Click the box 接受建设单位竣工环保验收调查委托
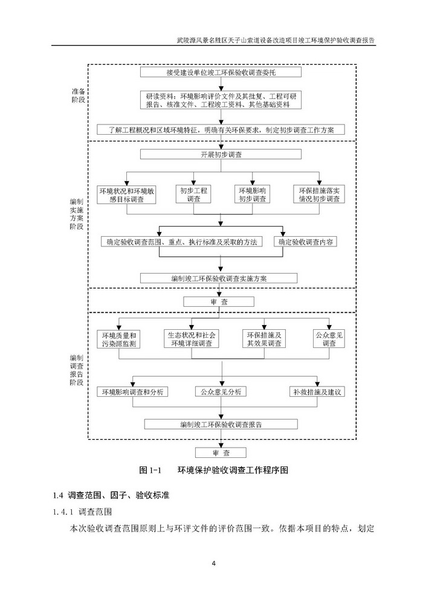pyautogui.click(x=221, y=73)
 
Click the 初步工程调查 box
pyautogui.click(x=193, y=194)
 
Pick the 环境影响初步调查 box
pyautogui.click(x=251, y=194)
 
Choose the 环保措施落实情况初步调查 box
pyautogui.click(x=318, y=194)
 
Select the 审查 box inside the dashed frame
pyautogui.click(x=220, y=301)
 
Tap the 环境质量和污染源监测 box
pyautogui.click(x=119, y=339)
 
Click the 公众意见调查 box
pyautogui.click(x=329, y=339)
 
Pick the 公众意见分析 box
pyautogui.click(x=221, y=391)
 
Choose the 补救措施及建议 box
pyautogui.click(x=318, y=391)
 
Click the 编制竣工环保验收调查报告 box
pyautogui.click(x=221, y=424)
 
